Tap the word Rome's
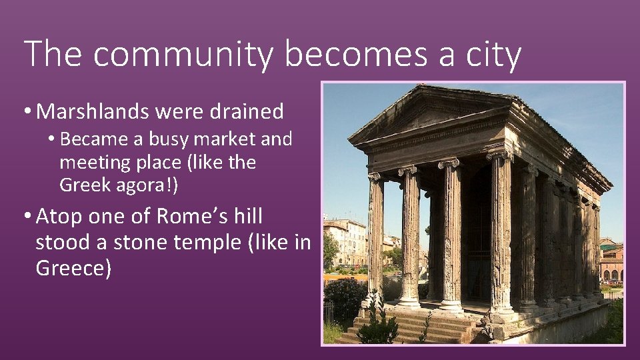pyautogui.click(x=183, y=217)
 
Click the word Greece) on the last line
pyautogui.click(x=73, y=268)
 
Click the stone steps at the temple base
pyautogui.click(x=407, y=327)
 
